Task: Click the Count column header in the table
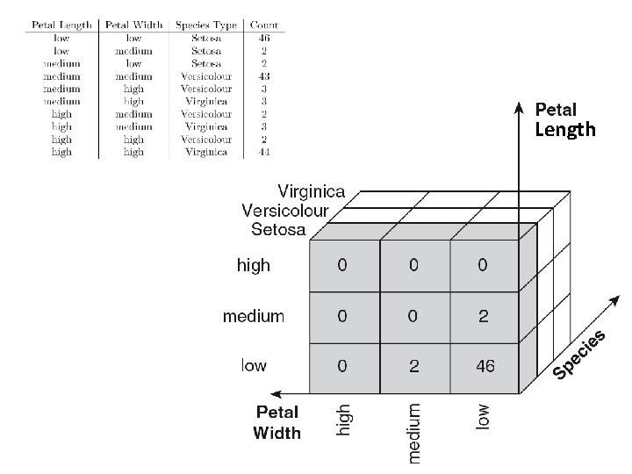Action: [x=264, y=25]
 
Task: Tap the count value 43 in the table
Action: [x=264, y=75]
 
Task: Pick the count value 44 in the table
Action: [x=264, y=152]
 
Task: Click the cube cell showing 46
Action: [x=485, y=365]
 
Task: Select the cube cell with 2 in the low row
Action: [x=413, y=365]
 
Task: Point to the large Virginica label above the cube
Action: [x=312, y=191]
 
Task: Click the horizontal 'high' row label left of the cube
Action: [x=254, y=266]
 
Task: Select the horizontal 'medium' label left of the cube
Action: [x=254, y=316]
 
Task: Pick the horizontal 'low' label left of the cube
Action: [x=254, y=365]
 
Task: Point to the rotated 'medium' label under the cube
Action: [x=413, y=432]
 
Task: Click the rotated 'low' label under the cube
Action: [x=484, y=416]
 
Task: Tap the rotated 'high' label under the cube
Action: [x=344, y=419]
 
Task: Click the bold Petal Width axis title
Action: [x=276, y=422]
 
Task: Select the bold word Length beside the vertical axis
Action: [x=564, y=131]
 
